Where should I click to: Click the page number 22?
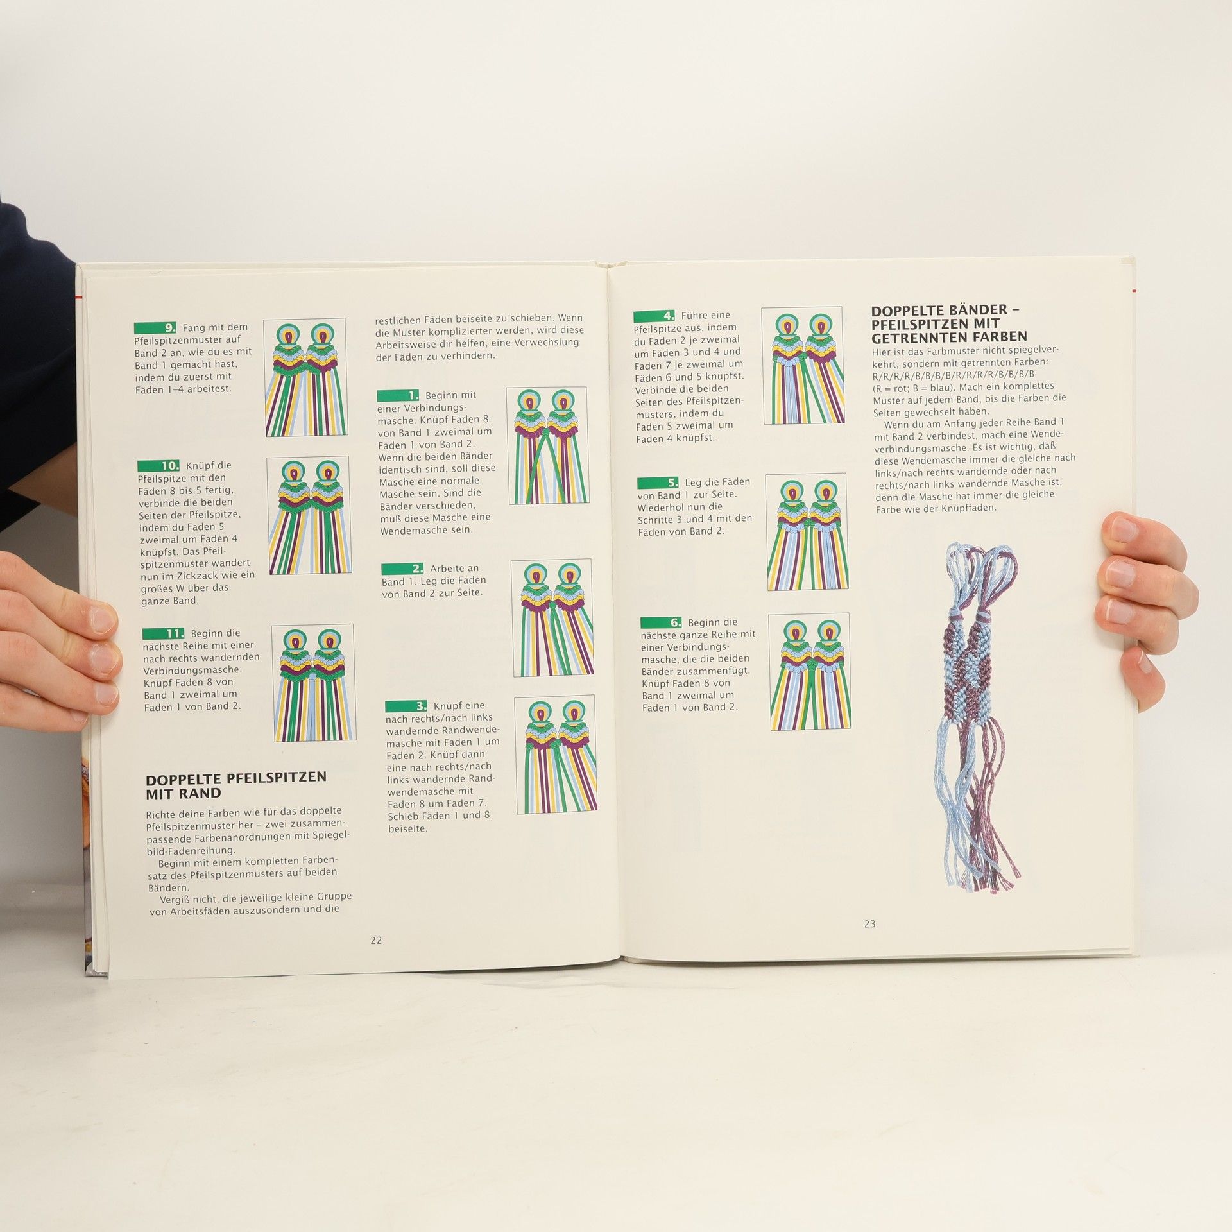click(376, 941)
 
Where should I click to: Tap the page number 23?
click(869, 924)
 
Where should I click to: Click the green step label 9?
click(155, 328)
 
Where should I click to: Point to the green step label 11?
click(163, 633)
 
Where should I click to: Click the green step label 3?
click(406, 706)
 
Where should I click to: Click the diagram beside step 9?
click(305, 377)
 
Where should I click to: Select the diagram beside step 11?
click(312, 683)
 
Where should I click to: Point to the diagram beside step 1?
click(547, 445)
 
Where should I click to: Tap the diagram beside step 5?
click(807, 532)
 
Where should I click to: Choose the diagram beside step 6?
click(810, 671)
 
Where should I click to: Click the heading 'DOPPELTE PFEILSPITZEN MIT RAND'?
click(236, 785)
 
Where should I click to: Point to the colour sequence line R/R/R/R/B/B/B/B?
click(953, 375)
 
